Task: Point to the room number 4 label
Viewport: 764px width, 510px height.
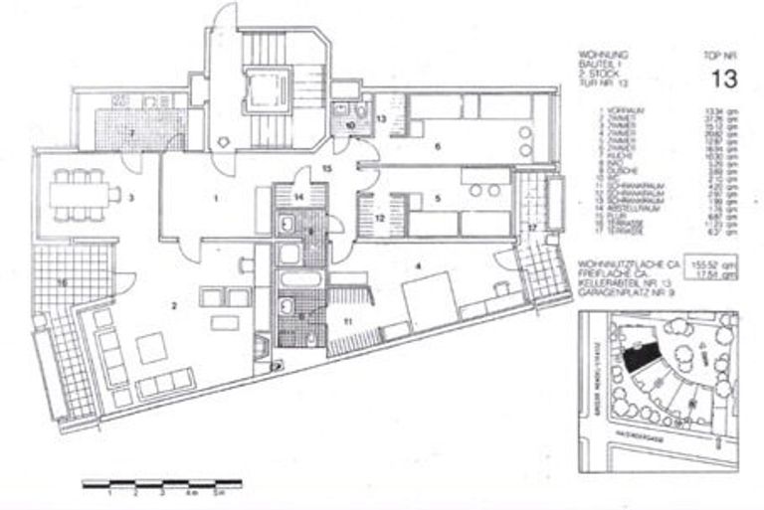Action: coord(419,265)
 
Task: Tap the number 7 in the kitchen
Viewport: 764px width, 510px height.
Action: coord(129,131)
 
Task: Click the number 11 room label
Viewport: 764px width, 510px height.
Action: coord(348,320)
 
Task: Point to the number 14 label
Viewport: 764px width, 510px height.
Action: coord(299,197)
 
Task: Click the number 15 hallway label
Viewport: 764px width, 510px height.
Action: coord(326,170)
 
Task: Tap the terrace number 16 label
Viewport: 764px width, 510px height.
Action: coord(63,284)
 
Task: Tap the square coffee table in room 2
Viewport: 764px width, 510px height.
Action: coord(153,348)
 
